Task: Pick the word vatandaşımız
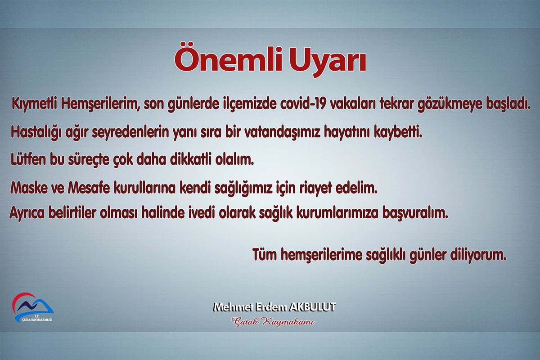click(282, 132)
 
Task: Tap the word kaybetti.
click(398, 133)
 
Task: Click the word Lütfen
click(28, 159)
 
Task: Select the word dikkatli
click(191, 159)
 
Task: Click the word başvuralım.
click(416, 214)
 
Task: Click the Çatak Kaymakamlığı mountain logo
click(33, 307)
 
